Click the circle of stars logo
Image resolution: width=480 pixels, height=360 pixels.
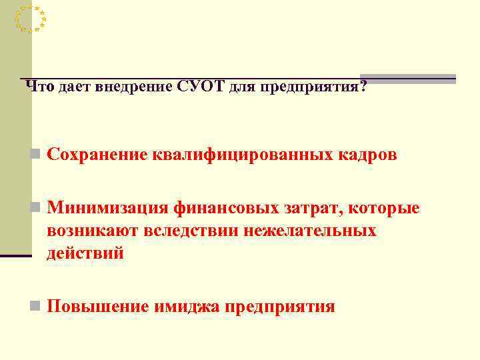30,19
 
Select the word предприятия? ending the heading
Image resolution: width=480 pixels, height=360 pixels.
313,87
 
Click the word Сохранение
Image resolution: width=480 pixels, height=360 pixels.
97,155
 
